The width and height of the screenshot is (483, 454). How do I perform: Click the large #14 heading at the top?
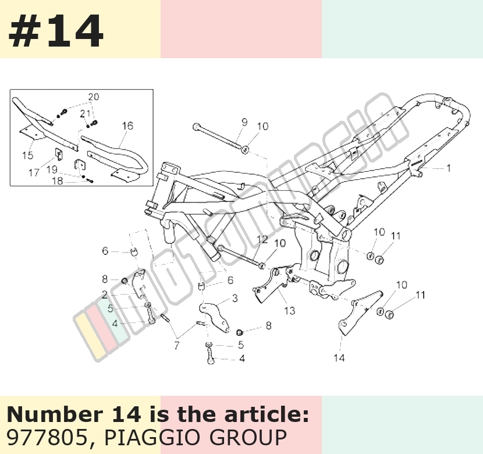click(55, 31)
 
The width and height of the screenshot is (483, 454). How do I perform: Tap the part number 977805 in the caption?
click(47, 437)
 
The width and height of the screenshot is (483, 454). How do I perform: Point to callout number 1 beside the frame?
click(449, 168)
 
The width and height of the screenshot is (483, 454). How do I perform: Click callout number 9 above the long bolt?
click(244, 122)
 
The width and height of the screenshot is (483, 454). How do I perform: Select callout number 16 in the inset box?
click(127, 126)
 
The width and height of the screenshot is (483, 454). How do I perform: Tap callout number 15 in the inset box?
click(28, 155)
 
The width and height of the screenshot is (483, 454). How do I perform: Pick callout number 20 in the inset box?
click(94, 97)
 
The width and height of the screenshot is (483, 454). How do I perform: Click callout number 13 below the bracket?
click(290, 310)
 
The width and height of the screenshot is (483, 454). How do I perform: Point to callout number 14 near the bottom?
click(339, 358)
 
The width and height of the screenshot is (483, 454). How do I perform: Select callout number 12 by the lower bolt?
click(262, 239)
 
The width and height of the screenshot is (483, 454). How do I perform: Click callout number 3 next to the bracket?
click(235, 298)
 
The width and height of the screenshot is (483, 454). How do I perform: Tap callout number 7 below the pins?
click(176, 346)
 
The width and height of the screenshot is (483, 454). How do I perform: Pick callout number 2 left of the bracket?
click(105, 295)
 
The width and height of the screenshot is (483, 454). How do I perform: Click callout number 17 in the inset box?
click(34, 173)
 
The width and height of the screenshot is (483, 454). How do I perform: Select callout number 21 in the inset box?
click(86, 114)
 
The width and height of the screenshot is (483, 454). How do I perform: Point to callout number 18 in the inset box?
click(58, 181)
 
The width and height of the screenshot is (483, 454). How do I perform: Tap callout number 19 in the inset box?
click(52, 170)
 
